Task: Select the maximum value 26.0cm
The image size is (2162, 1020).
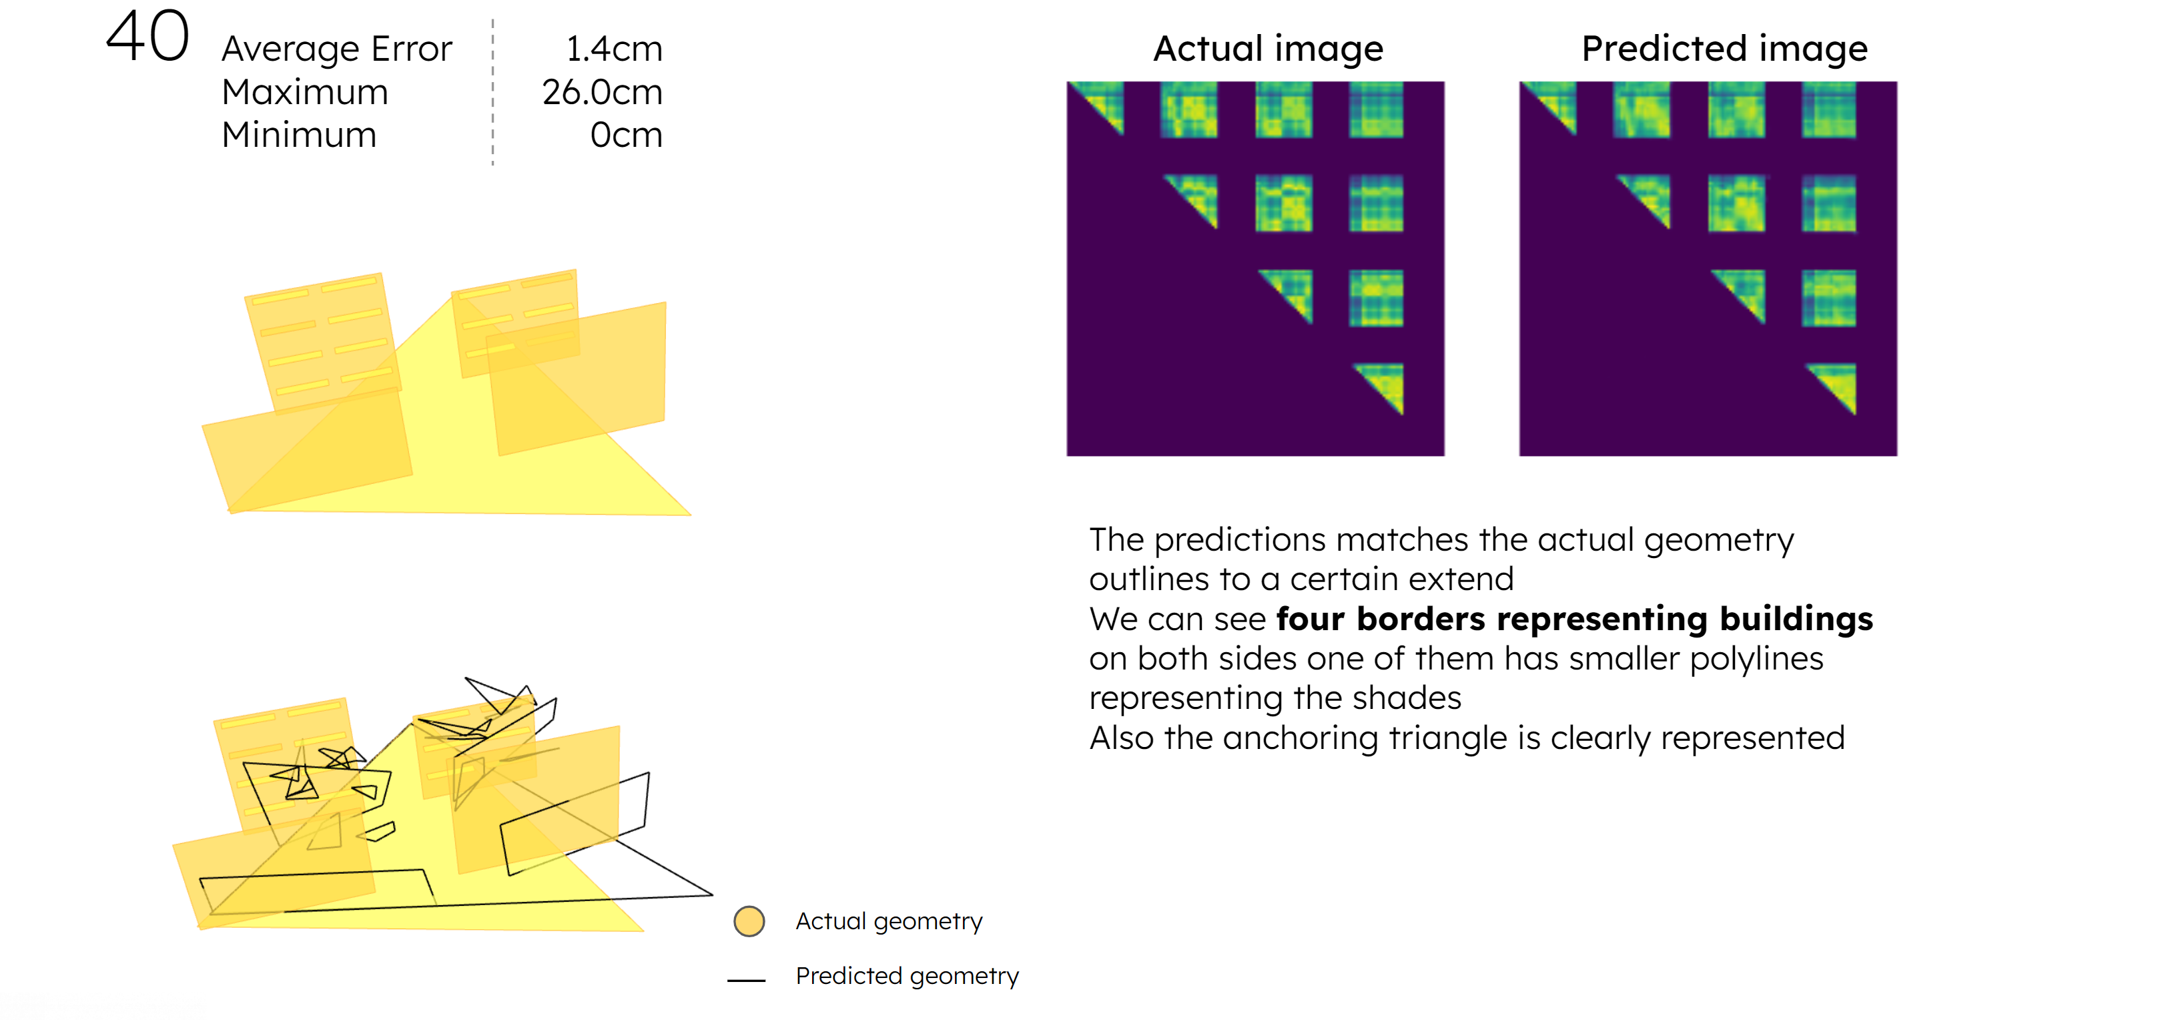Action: pos(603,91)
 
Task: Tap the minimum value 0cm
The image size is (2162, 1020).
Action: pos(626,134)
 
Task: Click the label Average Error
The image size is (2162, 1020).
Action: pos(336,49)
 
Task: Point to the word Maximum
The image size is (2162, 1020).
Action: pos(305,91)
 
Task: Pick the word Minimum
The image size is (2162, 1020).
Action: pos(299,134)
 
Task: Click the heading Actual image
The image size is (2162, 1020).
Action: pos(1268,49)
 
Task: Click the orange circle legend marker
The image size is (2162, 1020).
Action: pos(749,921)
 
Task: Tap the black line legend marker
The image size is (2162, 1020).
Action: pos(746,980)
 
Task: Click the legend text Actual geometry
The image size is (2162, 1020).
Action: pos(889,922)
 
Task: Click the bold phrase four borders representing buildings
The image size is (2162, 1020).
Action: pos(1575,619)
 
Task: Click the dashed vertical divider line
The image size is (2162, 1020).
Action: pos(492,91)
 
